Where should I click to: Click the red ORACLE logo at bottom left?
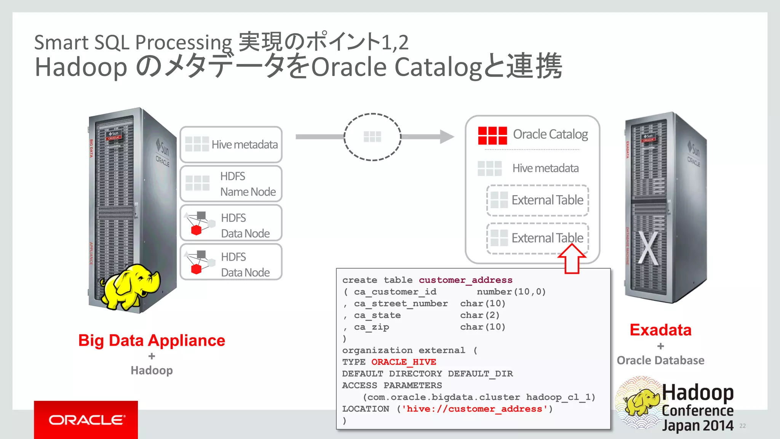click(x=86, y=420)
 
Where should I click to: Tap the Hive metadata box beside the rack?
click(x=231, y=144)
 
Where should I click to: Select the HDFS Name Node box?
click(x=231, y=184)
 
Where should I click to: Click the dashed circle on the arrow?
click(x=372, y=137)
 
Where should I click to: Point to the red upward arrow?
click(x=571, y=259)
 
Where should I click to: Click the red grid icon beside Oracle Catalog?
click(x=492, y=135)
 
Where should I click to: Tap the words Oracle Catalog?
click(x=550, y=134)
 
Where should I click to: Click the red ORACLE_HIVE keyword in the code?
click(x=403, y=362)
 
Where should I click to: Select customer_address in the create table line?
click(x=465, y=280)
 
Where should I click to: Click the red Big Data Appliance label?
click(x=152, y=340)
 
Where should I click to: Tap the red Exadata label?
click(x=660, y=330)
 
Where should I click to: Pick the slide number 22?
click(x=742, y=426)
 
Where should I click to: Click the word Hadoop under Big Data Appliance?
click(x=152, y=370)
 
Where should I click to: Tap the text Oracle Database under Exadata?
click(x=660, y=360)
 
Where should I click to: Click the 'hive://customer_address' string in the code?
click(x=474, y=409)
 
